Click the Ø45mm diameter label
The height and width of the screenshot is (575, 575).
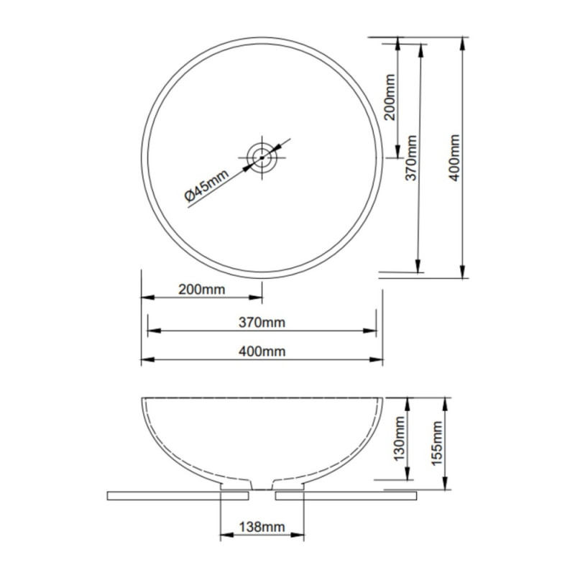coord(206,185)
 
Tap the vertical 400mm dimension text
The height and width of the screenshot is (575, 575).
coord(454,157)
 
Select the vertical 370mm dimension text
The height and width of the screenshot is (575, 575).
coord(411,157)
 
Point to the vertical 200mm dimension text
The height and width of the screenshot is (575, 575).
coord(390,97)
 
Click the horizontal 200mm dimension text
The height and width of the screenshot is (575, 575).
coord(202,290)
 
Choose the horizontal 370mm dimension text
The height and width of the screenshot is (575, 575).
coord(262,322)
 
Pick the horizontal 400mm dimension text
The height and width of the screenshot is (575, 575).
coord(262,351)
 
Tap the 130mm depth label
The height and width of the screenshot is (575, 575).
coord(399,438)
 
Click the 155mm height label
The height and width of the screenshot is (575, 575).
coord(437,443)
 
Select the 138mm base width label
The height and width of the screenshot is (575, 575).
coord(262,527)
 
